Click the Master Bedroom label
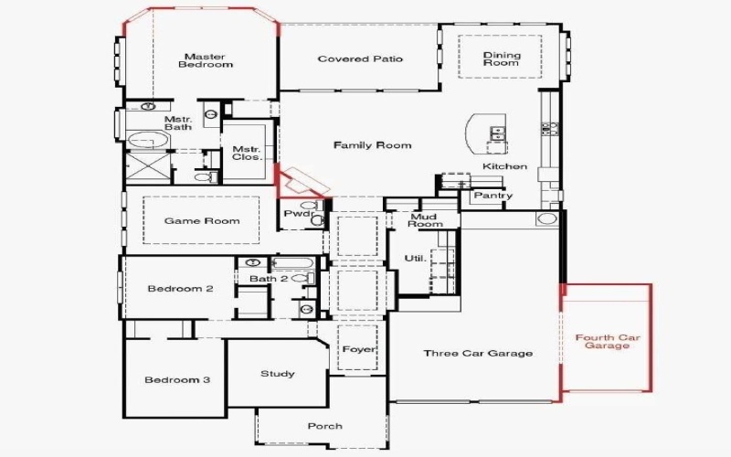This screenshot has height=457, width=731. click(206, 60)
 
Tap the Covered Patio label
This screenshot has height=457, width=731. click(360, 59)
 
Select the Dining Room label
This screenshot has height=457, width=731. click(501, 59)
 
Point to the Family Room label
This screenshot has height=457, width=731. click(372, 145)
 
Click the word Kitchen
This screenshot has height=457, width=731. click(505, 167)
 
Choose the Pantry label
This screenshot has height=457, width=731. click(493, 196)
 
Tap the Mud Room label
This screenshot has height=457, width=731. click(425, 219)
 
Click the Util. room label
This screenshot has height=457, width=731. click(415, 259)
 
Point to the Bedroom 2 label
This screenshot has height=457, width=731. click(180, 289)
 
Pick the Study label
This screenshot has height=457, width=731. click(277, 373)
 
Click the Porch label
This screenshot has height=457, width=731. click(324, 426)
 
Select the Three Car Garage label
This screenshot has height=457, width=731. click(478, 354)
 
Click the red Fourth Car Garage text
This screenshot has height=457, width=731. click(607, 342)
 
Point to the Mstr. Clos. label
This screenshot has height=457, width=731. click(247, 154)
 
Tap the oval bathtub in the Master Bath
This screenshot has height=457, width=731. click(147, 140)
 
